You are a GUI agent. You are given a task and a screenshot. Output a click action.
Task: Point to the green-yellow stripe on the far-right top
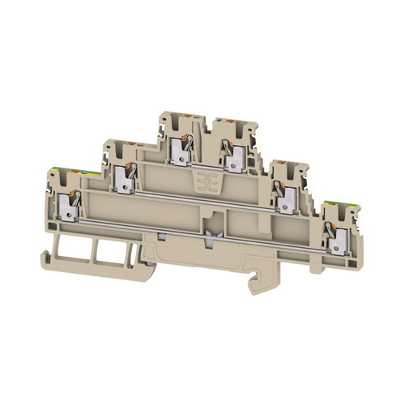pos(332,204)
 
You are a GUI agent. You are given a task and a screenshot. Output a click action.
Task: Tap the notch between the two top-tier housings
pos(210,122)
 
